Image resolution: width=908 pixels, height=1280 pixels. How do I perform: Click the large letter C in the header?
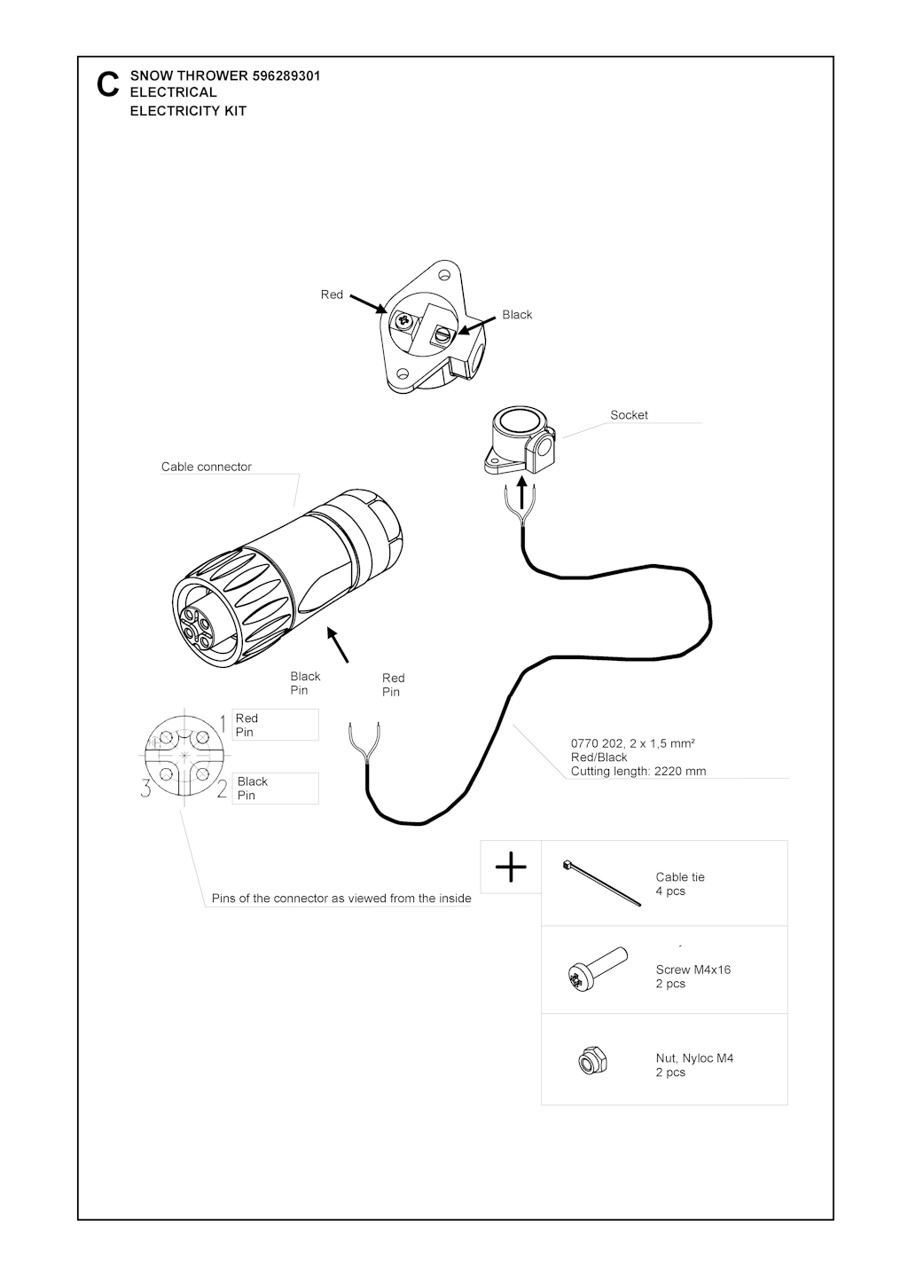108,85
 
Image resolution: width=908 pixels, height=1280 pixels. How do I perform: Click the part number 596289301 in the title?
286,75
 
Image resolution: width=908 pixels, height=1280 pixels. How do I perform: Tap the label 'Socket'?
629,415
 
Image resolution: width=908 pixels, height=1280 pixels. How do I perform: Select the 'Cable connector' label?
206,467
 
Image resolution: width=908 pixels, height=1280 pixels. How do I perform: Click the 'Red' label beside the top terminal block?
332,294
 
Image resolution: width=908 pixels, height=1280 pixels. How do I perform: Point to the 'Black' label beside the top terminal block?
517,314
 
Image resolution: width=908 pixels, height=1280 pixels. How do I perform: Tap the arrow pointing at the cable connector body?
337,644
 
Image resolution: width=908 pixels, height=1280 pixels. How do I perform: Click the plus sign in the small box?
511,867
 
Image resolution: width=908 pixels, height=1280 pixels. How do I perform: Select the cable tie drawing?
601,883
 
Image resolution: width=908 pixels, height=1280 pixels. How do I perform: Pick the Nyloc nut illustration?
592,1062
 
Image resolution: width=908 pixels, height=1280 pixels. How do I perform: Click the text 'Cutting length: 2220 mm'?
638,771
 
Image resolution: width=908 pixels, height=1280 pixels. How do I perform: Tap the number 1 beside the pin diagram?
223,722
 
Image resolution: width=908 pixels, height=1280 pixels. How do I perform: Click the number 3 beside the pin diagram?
145,789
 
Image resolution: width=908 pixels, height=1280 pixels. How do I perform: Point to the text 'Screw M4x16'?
693,970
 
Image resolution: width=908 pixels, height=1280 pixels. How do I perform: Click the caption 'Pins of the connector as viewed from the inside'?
341,898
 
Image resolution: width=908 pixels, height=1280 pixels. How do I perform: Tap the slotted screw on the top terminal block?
442,334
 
